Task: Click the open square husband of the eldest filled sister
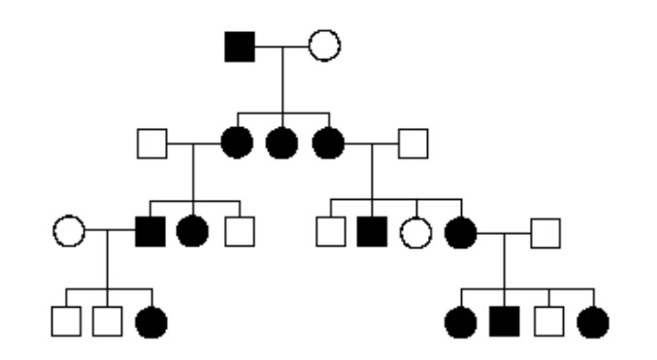click(152, 145)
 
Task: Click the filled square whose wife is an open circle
click(149, 232)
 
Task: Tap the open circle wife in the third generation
click(69, 232)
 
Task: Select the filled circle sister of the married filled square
click(192, 232)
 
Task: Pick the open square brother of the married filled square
click(239, 232)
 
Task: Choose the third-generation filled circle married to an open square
click(460, 232)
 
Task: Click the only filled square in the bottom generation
click(503, 320)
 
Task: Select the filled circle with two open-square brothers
click(150, 320)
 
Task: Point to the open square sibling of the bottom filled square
click(548, 320)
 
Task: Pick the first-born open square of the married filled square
click(65, 320)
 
